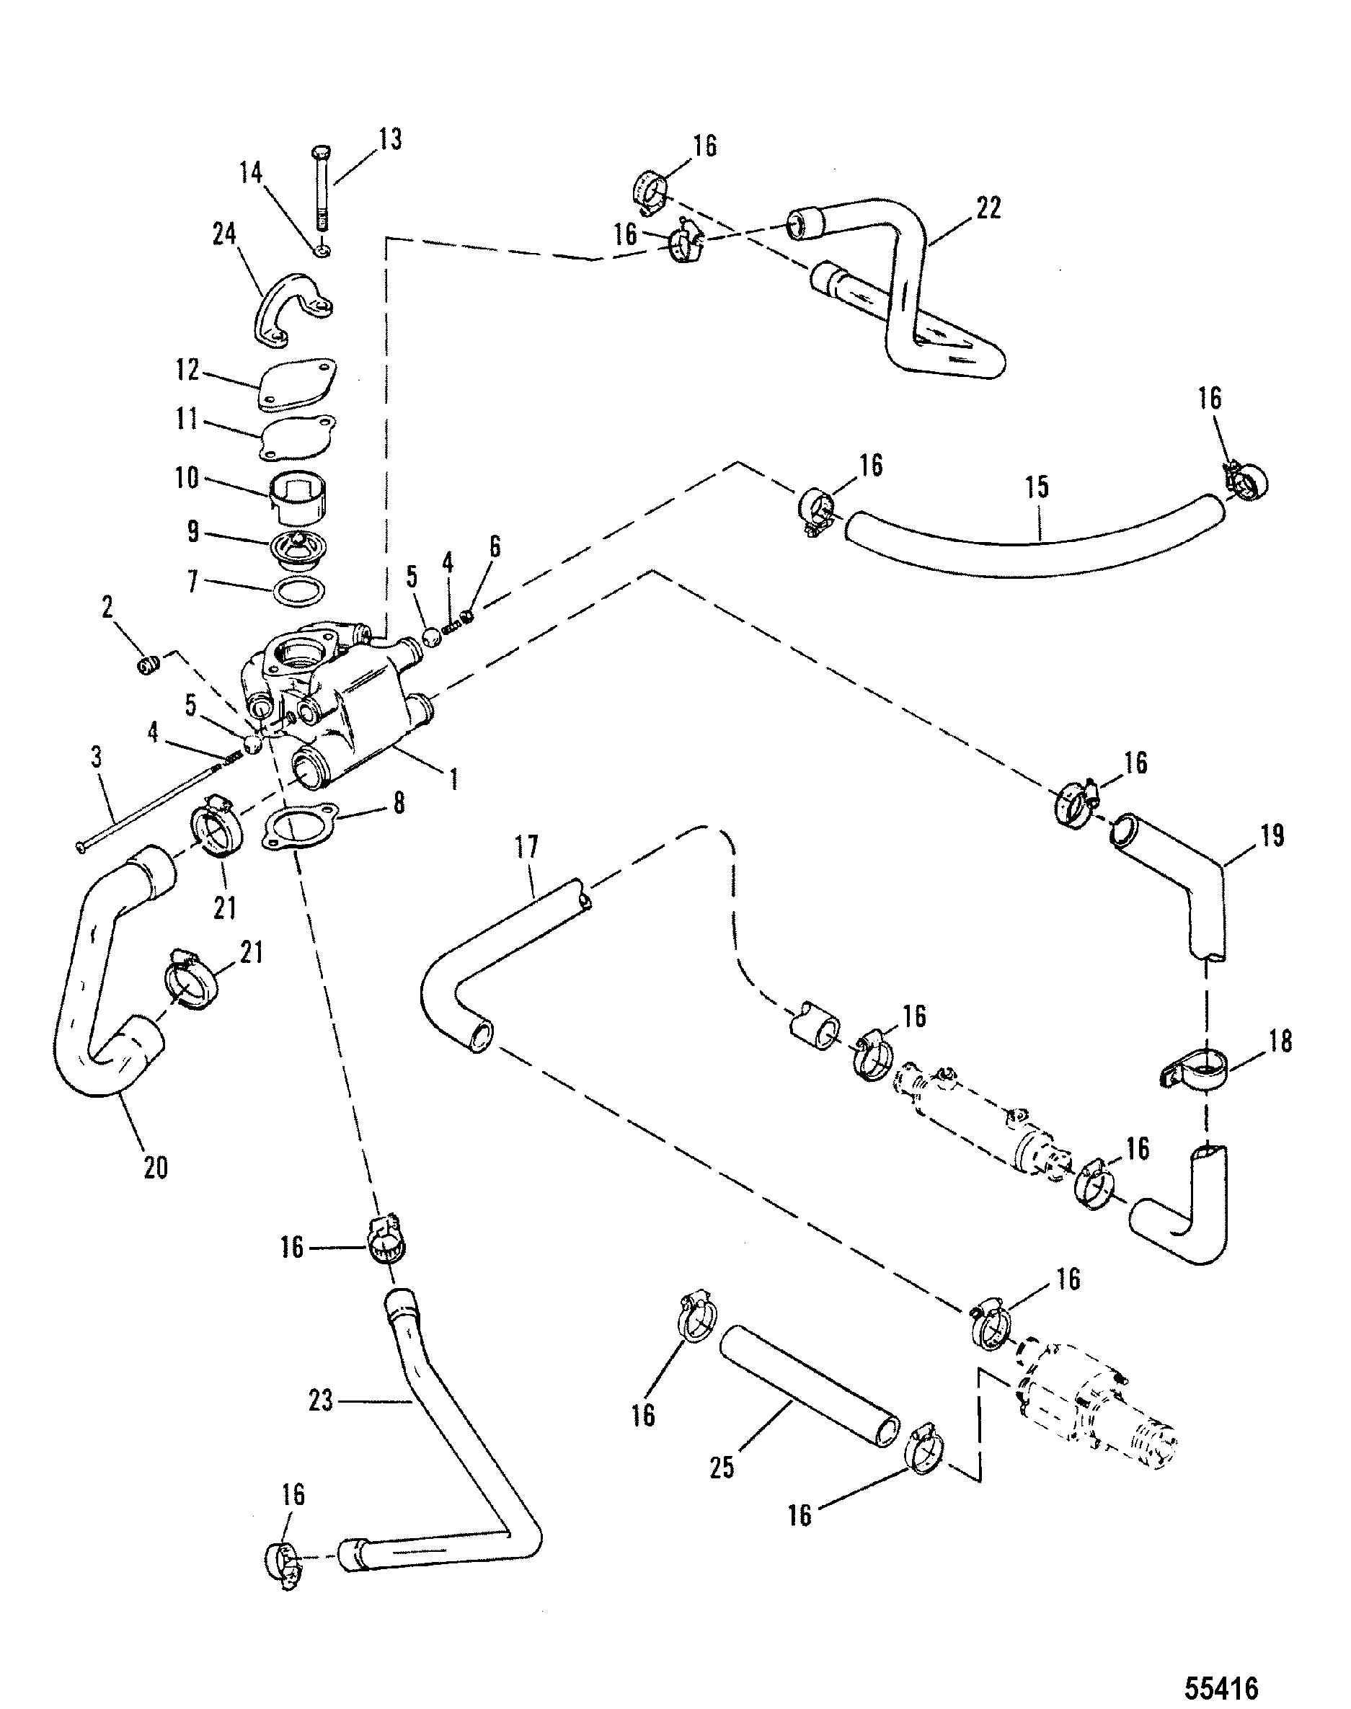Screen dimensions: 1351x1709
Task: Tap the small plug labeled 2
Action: pos(148,665)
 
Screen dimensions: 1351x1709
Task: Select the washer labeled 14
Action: pos(322,250)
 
